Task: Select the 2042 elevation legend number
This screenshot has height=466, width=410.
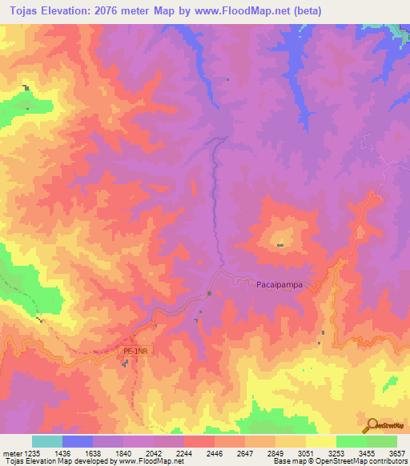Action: (x=153, y=452)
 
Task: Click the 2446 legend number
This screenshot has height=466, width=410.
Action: (x=214, y=452)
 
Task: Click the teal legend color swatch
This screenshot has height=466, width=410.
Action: (x=46, y=441)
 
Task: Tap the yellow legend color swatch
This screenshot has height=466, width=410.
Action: (x=320, y=441)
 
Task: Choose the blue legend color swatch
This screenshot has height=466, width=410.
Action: (x=77, y=441)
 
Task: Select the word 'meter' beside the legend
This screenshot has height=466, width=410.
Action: (x=11, y=452)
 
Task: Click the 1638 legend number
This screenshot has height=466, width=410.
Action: (x=91, y=452)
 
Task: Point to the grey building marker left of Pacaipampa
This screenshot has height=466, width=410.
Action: (x=210, y=293)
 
